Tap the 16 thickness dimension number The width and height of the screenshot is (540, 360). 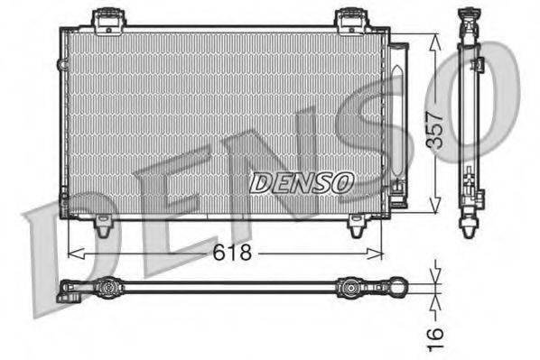(437, 335)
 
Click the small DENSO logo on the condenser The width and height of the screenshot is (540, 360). (301, 182)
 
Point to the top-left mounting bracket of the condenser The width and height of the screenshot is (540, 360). (107, 17)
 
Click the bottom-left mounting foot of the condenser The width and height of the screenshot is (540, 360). (104, 228)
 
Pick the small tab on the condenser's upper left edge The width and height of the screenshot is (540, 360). (61, 65)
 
